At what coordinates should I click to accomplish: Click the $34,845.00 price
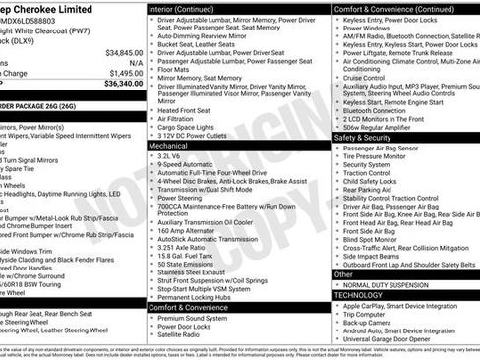(x=124, y=52)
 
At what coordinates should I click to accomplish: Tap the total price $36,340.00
(x=124, y=84)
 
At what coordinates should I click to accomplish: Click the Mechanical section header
(x=168, y=144)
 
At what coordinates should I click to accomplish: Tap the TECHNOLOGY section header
(x=358, y=294)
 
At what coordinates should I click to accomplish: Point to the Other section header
(x=343, y=274)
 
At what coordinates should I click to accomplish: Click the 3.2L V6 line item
(x=172, y=155)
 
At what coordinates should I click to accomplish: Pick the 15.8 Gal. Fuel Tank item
(x=188, y=256)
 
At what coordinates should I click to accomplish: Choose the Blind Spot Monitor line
(x=371, y=239)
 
